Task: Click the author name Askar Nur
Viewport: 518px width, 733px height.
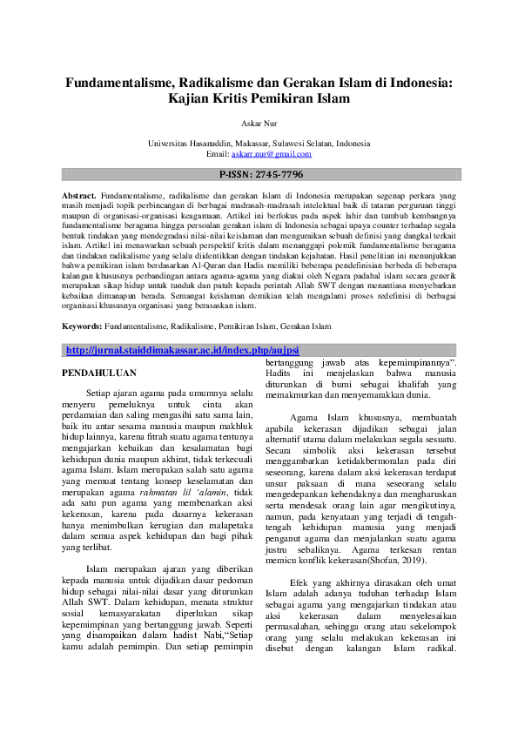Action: pos(259,124)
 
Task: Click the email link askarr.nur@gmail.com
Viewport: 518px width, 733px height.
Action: pos(271,154)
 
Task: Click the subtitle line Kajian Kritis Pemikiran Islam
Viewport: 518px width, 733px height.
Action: pos(259,99)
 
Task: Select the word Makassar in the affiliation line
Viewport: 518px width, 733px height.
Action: pos(252,144)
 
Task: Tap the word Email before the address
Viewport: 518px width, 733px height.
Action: pos(217,154)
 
